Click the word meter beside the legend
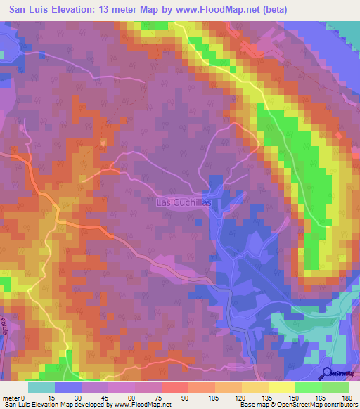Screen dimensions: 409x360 [10, 398]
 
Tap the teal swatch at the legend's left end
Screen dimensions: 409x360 [41, 387]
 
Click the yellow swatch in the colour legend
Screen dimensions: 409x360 [282, 387]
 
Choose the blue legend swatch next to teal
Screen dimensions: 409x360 [68, 387]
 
